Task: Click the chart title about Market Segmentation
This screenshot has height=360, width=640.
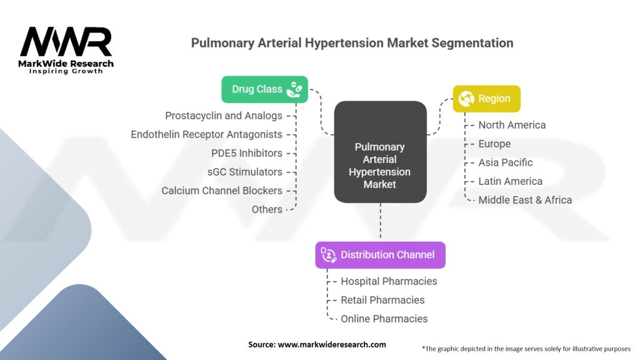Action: pos(352,43)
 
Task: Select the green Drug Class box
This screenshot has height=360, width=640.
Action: pos(264,89)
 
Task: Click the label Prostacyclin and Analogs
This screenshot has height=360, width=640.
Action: pos(224,116)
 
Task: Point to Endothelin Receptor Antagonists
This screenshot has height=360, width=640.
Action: pos(206,134)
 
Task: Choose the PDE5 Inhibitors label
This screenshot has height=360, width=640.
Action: pos(246,153)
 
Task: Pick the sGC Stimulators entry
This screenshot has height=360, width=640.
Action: pos(245,172)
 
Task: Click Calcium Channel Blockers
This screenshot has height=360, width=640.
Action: pos(222,191)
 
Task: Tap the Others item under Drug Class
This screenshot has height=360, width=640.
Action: pos(267,209)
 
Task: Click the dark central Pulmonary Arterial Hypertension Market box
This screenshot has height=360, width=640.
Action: pos(381,152)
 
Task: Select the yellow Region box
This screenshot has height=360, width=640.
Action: pos(486,99)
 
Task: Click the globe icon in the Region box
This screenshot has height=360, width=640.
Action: pos(466,99)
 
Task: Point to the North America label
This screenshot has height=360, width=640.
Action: pos(512,125)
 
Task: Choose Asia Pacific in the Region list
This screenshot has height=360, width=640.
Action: pos(505,162)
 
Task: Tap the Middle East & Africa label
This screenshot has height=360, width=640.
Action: pos(525,200)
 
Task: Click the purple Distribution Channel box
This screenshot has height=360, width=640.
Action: pos(381,255)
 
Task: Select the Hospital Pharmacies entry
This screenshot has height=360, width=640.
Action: pos(389,281)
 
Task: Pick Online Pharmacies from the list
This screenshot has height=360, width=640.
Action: pos(384,319)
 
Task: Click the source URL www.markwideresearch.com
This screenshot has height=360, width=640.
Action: pos(332,344)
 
